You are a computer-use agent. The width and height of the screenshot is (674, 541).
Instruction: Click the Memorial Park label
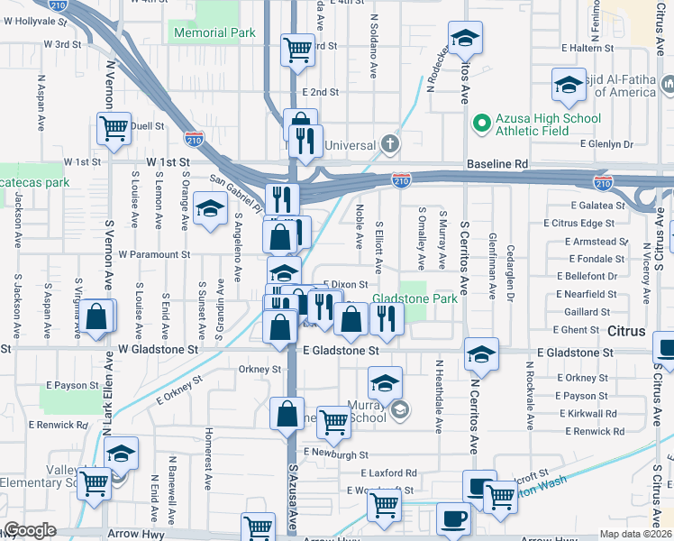point(213,33)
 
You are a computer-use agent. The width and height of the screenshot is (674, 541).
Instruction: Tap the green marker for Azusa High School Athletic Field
point(481,123)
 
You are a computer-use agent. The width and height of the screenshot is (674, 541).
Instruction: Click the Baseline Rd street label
point(496,164)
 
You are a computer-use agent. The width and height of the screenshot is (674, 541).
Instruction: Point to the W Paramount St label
point(153,255)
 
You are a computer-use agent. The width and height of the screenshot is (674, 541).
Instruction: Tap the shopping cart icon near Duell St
point(113,130)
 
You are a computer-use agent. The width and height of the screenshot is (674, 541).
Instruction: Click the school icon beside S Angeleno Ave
point(210,211)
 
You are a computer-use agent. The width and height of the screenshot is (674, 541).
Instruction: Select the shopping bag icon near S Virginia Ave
point(96,318)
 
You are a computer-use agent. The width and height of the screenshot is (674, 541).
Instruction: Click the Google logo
point(30,530)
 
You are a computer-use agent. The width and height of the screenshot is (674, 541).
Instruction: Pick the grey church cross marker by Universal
point(388,144)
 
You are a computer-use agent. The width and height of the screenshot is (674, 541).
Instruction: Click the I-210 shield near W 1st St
point(193,140)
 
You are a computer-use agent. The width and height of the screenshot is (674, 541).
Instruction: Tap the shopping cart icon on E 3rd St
point(297,50)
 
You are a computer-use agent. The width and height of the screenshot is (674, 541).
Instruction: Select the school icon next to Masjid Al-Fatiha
point(569,86)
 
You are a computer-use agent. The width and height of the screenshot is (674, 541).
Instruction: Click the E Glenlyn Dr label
point(620,144)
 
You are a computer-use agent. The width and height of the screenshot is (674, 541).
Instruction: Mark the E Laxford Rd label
point(388,472)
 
